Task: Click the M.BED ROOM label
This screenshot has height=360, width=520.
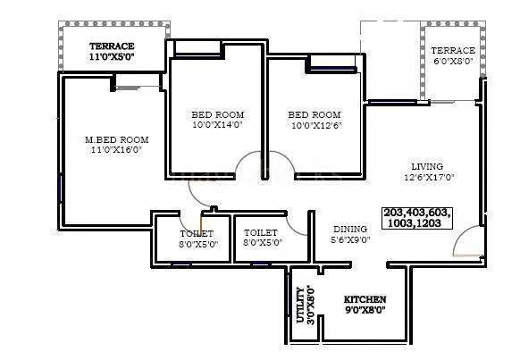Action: pos(116,140)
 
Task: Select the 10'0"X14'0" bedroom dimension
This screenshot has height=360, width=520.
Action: pos(217,125)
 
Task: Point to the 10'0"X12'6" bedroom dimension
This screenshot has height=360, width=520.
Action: pos(314,125)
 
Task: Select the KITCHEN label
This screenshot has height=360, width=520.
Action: pos(365,299)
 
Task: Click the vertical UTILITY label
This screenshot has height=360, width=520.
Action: pos(300,306)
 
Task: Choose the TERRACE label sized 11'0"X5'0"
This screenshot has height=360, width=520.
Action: pos(112,46)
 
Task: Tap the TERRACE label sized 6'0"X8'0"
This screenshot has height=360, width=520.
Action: pos(453,51)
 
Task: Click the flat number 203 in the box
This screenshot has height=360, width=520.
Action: pos(394,213)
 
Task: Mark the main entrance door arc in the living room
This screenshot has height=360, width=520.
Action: pos(465,241)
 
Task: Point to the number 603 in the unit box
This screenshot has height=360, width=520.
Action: pos(440,213)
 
